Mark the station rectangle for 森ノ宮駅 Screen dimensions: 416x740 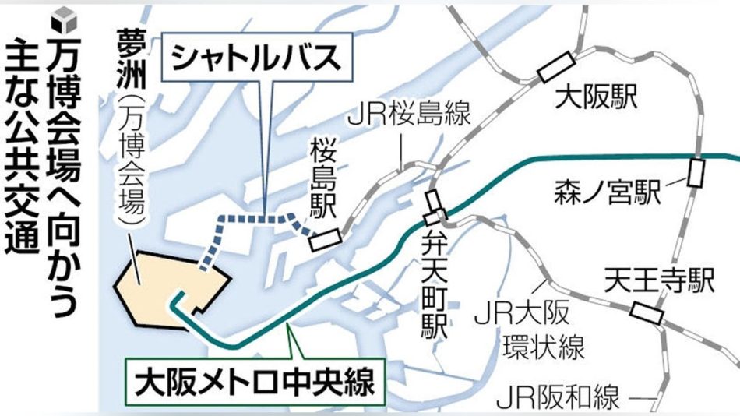[x=696, y=172]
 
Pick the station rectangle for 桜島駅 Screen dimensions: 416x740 [x=324, y=239]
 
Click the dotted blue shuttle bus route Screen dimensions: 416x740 [x=257, y=220]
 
